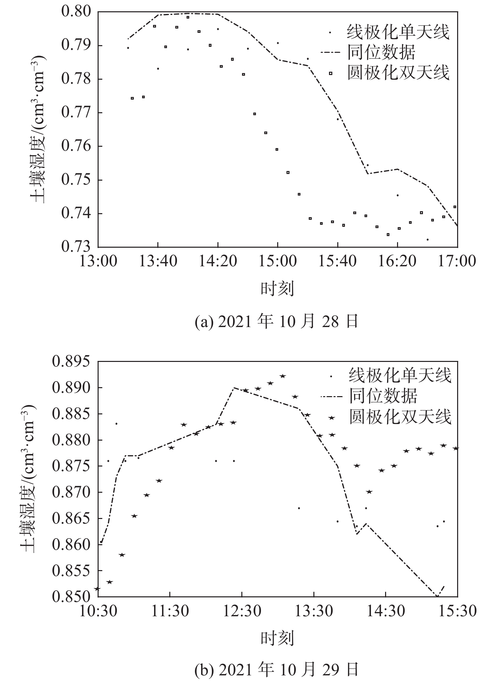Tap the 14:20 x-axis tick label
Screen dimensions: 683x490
[218, 261]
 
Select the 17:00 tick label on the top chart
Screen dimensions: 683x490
[457, 261]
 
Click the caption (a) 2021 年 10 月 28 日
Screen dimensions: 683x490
[277, 321]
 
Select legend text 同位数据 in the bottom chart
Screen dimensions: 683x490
[383, 396]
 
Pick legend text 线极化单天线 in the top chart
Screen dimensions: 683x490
[398, 33]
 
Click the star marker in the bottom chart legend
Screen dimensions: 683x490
[332, 417]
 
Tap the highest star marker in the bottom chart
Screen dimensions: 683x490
[283, 376]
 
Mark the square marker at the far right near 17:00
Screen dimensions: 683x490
[455, 207]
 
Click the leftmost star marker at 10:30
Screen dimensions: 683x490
[97, 589]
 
